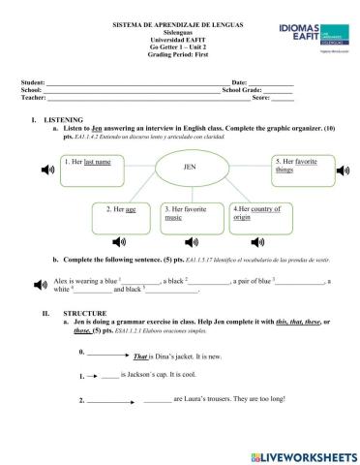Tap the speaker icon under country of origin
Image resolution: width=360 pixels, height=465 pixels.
[255, 241]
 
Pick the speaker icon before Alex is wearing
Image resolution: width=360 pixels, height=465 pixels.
[39, 285]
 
